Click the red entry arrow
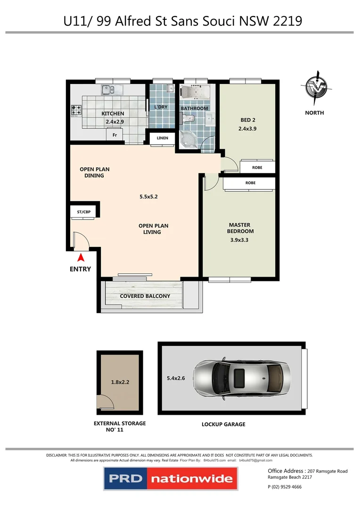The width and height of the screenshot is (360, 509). pyautogui.click(x=81, y=257)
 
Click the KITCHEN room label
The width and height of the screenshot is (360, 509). pyautogui.click(x=113, y=114)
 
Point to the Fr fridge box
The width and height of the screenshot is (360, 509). pyautogui.click(x=114, y=135)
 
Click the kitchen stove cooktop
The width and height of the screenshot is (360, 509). pyautogui.click(x=76, y=110)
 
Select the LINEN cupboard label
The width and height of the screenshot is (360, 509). pyautogui.click(x=162, y=138)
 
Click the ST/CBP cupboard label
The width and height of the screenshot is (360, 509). pyautogui.click(x=84, y=213)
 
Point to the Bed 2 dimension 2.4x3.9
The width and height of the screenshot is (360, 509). pyautogui.click(x=248, y=128)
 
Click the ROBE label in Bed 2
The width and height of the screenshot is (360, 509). pyautogui.click(x=257, y=167)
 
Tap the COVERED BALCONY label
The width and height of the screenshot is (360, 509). pyautogui.click(x=145, y=296)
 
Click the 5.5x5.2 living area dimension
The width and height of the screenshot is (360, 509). pyautogui.click(x=148, y=197)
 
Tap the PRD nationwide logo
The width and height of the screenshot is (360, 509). pyautogui.click(x=171, y=478)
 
